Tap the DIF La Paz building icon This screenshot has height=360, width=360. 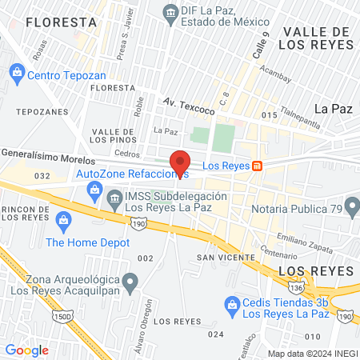click(170, 12)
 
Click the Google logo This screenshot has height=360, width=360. click(26, 350)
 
